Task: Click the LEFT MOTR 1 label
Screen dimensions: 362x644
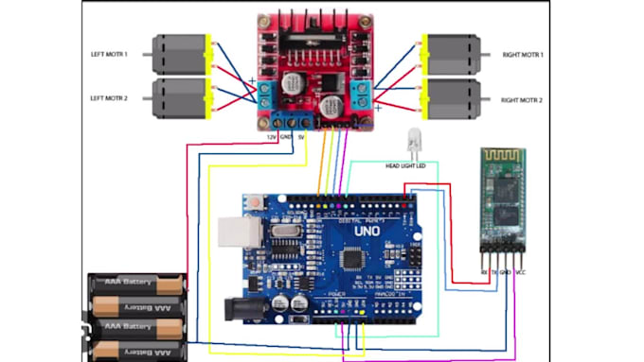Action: (x=111, y=55)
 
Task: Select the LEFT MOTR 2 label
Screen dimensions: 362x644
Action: (x=111, y=98)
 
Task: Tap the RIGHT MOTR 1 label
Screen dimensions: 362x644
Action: (x=522, y=55)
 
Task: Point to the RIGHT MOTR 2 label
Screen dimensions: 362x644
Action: (x=522, y=99)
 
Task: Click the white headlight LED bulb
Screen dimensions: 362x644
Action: (x=412, y=142)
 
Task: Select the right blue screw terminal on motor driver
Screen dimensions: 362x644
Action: (x=360, y=92)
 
